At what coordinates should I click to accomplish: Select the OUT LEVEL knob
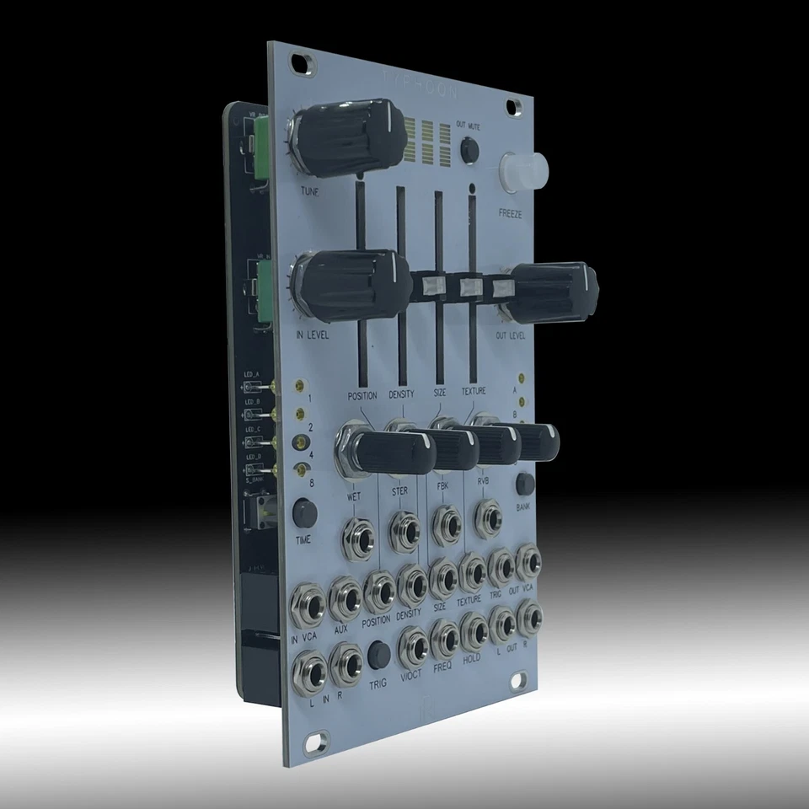point(552,291)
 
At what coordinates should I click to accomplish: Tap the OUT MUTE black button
point(469,149)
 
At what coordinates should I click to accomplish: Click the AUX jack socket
point(346,596)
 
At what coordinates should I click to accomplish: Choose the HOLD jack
point(473,629)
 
